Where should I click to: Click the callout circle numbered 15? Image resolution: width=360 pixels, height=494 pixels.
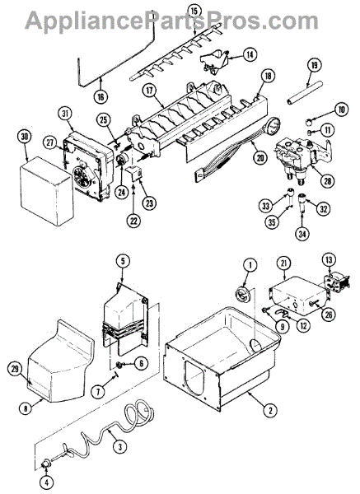click(x=194, y=11)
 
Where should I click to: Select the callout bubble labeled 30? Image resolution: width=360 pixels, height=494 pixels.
click(x=25, y=137)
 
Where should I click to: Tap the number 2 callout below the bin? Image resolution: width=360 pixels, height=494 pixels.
click(x=271, y=410)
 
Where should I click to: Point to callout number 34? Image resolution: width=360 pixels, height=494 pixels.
click(x=302, y=234)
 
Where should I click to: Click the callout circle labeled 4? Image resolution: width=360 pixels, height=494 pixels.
click(x=47, y=482)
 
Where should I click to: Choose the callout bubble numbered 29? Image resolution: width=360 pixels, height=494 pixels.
click(x=16, y=370)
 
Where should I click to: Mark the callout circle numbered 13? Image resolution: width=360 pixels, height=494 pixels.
click(x=329, y=260)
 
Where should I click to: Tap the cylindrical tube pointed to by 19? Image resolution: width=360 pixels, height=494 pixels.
click(x=305, y=92)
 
